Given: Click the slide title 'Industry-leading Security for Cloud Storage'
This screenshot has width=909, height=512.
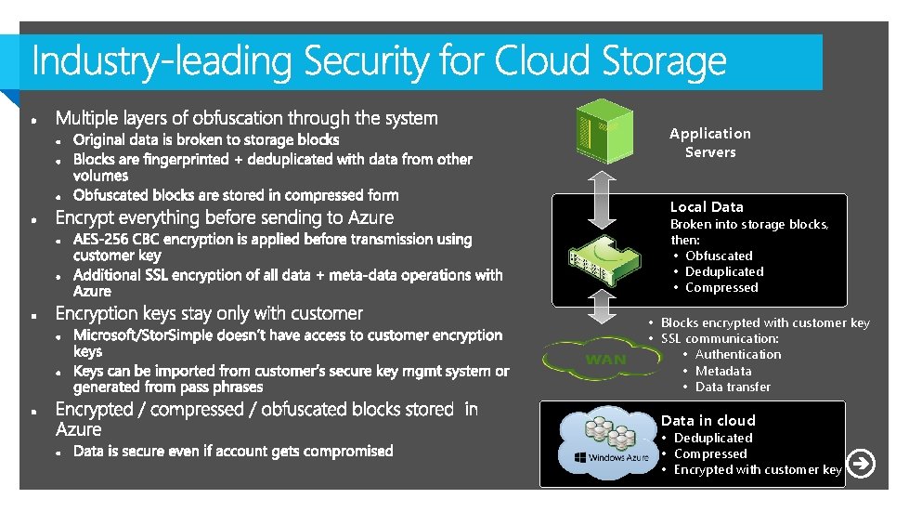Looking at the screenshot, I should coord(379,62).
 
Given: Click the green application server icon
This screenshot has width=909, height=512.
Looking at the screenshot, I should coord(603,130).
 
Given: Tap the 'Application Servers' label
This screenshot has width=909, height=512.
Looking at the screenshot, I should coord(710,142).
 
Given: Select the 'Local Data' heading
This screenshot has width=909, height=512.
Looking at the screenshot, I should coord(707,207).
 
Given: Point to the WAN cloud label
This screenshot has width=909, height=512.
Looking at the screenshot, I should coord(604,360).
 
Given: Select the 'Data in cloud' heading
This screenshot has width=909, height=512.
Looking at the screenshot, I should coord(708,421).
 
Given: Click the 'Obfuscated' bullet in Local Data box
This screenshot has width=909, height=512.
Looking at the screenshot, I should coord(719,256).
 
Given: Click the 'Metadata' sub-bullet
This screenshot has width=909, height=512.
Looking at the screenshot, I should coord(722,371).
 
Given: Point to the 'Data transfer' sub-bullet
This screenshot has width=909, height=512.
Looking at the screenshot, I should coord(733,387).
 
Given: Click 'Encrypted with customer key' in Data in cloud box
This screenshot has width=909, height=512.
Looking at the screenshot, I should coord(757,469).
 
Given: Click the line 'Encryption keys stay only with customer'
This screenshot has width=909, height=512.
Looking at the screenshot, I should coord(209,314).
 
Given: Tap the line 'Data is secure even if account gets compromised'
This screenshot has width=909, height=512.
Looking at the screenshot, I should coord(233,452).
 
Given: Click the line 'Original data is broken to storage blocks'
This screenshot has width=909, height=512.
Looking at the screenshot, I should coord(206,140).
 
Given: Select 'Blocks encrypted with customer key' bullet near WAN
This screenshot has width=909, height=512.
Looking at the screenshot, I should coord(765,322).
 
